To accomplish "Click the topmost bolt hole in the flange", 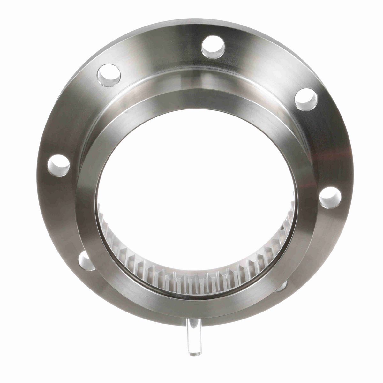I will tap(213, 47).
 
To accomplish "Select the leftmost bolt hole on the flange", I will tap(58, 165).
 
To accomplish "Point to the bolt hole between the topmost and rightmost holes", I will tap(306, 100).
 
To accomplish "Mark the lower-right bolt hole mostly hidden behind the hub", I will tap(282, 286).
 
